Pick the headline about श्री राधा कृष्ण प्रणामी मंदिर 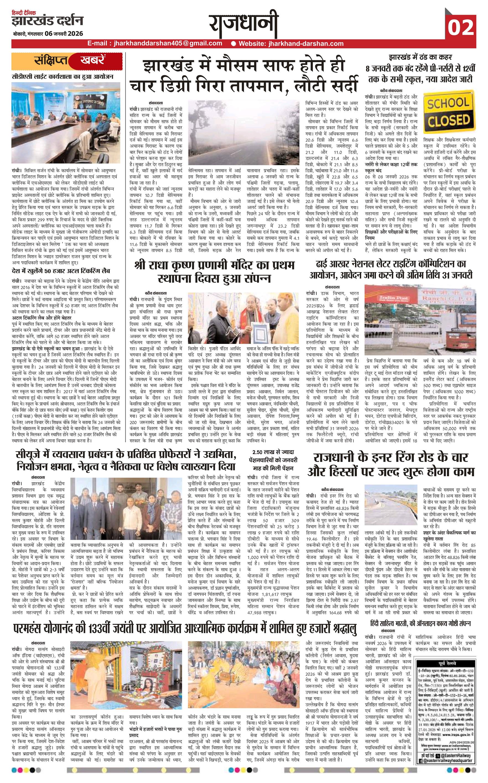point(214,271)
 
